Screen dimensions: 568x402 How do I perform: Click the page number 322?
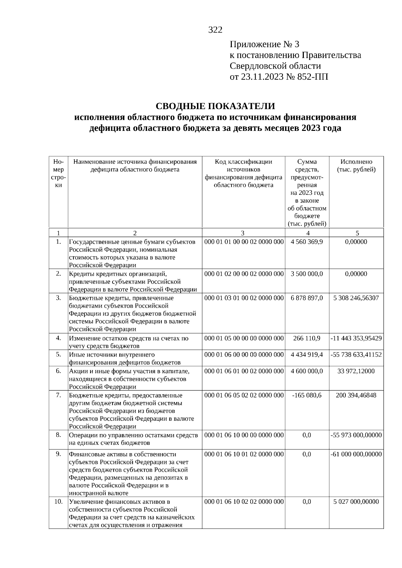click(215, 30)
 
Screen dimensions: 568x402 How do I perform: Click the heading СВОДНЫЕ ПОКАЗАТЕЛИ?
click(215, 106)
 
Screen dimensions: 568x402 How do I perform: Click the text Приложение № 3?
click(264, 44)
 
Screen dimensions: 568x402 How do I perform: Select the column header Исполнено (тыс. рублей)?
click(356, 166)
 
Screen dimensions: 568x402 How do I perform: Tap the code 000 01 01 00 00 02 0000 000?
click(244, 242)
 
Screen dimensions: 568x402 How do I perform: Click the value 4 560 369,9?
click(307, 242)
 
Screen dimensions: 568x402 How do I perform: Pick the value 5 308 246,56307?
click(356, 298)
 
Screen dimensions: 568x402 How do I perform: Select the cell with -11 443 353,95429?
click(356, 338)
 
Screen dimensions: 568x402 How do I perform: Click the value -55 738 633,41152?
click(356, 354)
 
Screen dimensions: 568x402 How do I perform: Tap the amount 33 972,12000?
click(356, 371)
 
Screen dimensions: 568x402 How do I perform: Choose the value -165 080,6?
click(307, 395)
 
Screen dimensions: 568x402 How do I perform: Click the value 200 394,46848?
click(356, 395)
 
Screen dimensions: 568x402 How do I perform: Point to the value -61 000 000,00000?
click(356, 454)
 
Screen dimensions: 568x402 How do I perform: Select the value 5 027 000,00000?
click(356, 502)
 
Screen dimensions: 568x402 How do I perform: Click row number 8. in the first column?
click(58, 435)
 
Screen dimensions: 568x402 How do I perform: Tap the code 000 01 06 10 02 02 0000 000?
click(244, 502)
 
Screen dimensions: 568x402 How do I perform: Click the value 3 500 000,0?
click(307, 274)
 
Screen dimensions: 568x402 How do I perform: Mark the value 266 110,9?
click(307, 338)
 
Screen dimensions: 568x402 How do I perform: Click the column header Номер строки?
click(58, 173)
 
